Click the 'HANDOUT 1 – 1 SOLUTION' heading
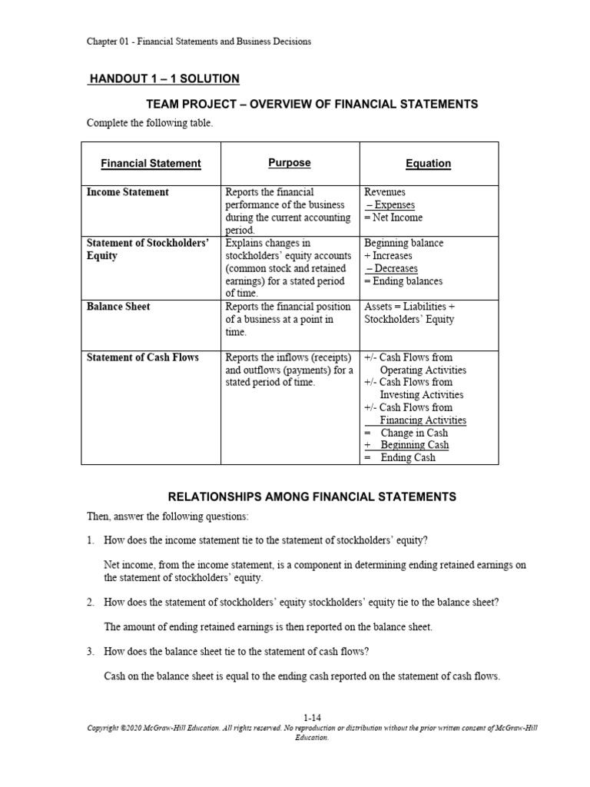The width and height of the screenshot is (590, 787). (x=164, y=78)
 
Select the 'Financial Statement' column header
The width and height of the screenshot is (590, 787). (x=151, y=163)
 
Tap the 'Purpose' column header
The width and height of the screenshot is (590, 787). (x=290, y=162)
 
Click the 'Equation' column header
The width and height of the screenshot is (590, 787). (x=428, y=163)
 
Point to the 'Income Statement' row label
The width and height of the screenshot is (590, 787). (x=128, y=192)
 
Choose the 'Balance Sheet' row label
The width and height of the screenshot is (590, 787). (x=118, y=307)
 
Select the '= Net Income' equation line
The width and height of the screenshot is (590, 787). (x=393, y=218)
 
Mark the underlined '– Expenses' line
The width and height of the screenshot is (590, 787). (x=390, y=205)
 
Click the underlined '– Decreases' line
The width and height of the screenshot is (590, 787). (x=392, y=268)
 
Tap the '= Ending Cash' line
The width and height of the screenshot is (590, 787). (x=399, y=457)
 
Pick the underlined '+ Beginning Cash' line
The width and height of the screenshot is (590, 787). (x=406, y=445)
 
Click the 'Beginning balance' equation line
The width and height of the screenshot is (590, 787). (x=403, y=243)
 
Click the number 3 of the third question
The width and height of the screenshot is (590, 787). (x=90, y=652)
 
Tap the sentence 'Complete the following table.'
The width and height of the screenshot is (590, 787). (x=149, y=123)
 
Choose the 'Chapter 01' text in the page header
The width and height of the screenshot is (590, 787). (x=108, y=42)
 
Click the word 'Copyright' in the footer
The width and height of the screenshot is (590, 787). (x=106, y=728)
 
